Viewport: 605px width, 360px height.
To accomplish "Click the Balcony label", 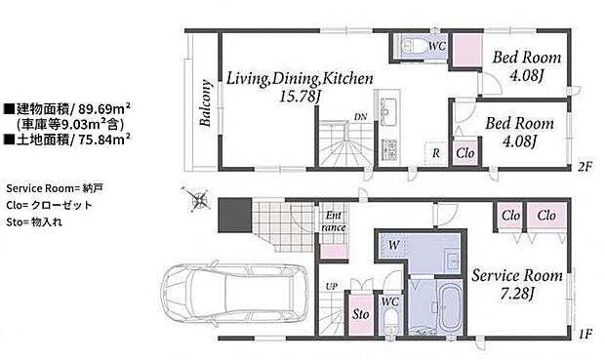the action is click(206, 103).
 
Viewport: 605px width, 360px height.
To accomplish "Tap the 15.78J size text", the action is click(301, 97).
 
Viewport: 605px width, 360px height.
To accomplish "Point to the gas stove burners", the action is click(389, 150).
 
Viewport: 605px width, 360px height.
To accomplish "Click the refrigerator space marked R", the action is click(435, 153).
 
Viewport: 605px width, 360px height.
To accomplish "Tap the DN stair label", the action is click(361, 117).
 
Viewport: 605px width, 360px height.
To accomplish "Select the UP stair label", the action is click(332, 287).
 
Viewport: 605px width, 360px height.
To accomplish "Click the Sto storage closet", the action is click(361, 314).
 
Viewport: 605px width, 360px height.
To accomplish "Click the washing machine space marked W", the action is click(393, 245).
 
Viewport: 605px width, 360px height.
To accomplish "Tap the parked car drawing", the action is click(234, 293).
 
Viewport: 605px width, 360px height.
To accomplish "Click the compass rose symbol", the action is click(197, 199).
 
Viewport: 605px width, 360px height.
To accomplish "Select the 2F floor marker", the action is click(585, 167).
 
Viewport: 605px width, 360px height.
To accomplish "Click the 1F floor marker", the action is click(585, 334).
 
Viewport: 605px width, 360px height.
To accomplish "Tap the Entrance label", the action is click(334, 221).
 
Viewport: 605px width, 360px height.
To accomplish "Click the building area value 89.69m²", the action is click(104, 109).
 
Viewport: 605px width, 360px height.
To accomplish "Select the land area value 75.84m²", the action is click(104, 139).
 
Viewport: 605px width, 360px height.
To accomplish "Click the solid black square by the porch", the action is click(235, 215).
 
